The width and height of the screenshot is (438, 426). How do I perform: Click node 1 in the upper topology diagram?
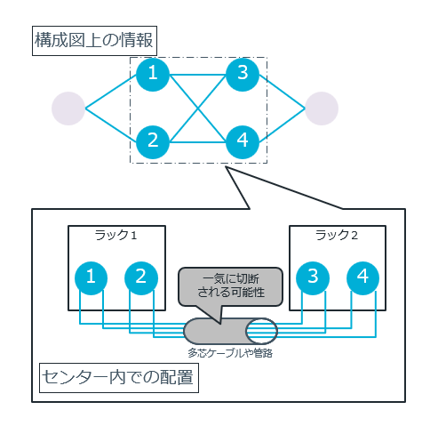tap(153, 75)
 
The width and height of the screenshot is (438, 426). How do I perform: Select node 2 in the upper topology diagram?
tap(153, 141)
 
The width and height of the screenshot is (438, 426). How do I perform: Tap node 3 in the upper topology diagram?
tap(243, 75)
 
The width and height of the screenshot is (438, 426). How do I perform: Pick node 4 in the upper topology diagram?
tap(243, 141)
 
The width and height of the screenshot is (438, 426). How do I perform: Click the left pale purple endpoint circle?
tap(68, 108)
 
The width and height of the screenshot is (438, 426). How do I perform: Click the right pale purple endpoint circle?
tap(322, 108)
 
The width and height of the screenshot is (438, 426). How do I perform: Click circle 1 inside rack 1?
tap(91, 277)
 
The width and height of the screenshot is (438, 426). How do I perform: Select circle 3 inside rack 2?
tap(312, 277)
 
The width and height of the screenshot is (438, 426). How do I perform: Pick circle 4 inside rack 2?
tap(362, 277)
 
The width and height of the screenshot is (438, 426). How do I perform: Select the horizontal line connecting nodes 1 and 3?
tap(197, 75)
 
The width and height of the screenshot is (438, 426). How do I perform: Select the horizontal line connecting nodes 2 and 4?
tap(197, 141)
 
